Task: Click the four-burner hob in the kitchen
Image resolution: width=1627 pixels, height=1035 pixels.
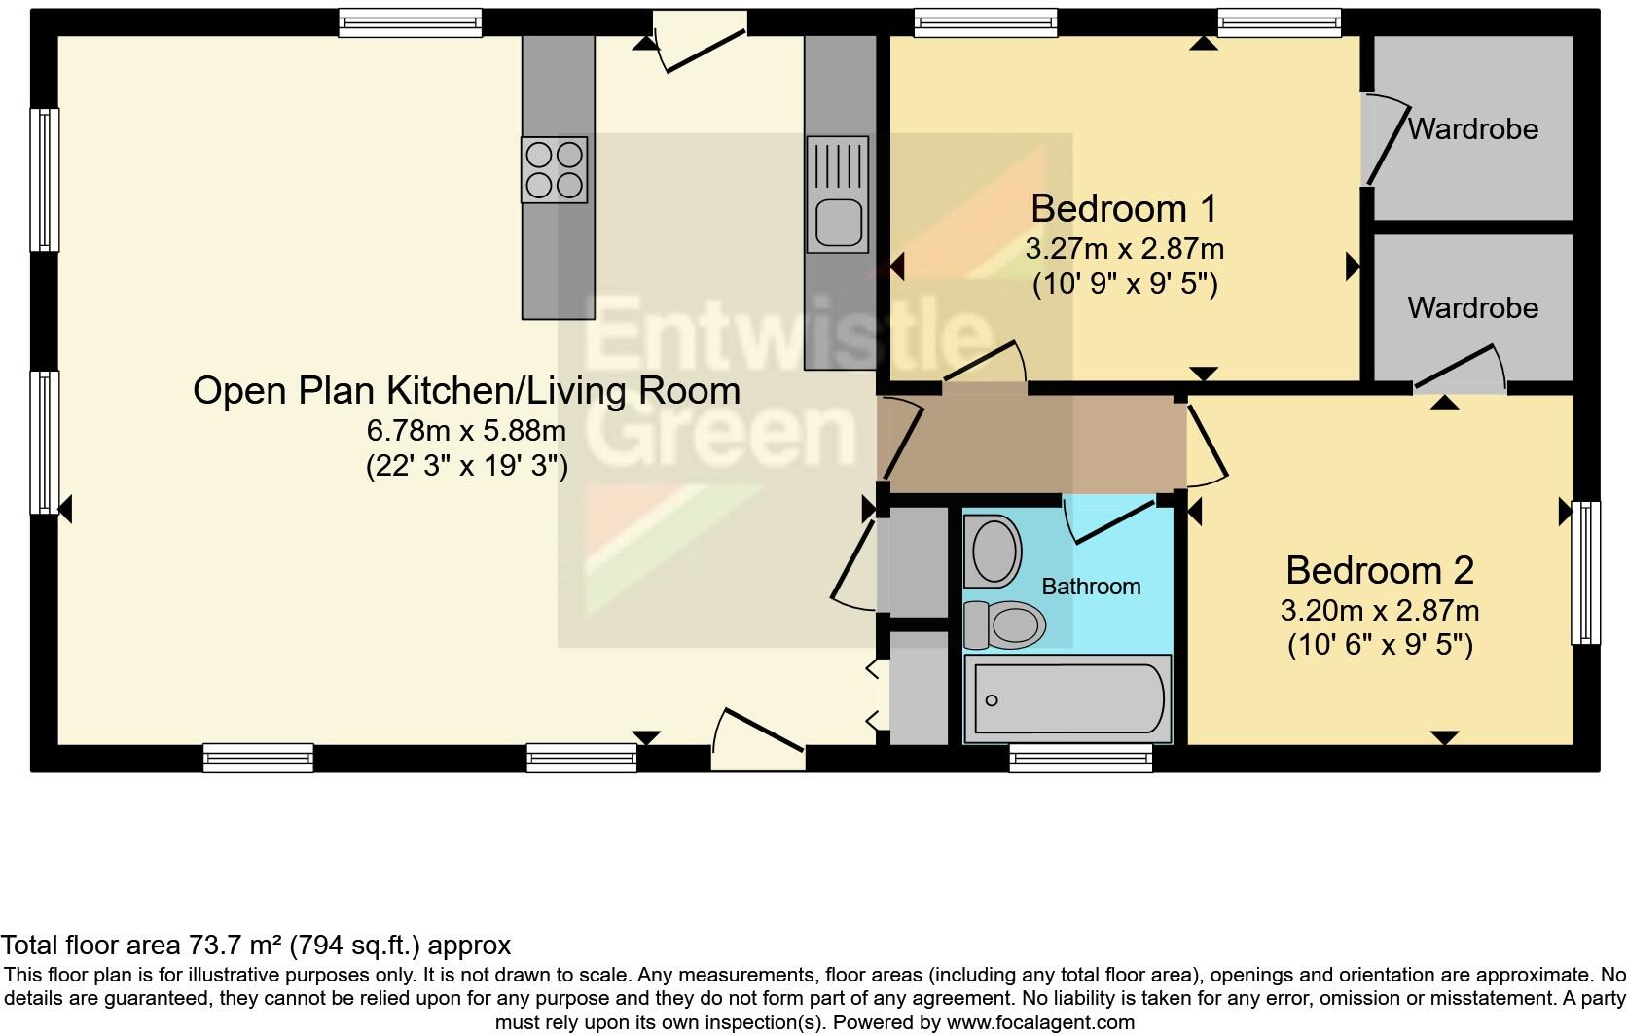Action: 554,169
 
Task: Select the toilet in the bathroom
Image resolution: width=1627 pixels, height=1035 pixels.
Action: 1005,624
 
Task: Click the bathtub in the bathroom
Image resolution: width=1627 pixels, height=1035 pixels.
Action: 1067,699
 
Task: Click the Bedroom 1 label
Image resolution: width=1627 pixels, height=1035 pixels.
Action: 1123,208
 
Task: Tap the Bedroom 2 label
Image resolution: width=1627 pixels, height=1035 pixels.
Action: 1379,570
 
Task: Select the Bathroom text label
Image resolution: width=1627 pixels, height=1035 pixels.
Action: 1091,587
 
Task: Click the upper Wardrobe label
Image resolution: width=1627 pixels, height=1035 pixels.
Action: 1472,128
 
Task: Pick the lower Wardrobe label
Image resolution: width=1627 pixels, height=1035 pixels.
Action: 1472,308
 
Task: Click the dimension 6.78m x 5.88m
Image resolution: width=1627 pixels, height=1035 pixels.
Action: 466,429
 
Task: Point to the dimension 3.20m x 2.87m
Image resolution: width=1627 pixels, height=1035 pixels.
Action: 1379,611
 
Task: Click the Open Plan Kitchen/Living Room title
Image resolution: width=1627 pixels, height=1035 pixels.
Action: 466,390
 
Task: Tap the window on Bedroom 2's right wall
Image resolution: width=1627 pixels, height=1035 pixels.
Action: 1586,572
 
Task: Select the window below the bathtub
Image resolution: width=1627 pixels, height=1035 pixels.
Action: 1080,758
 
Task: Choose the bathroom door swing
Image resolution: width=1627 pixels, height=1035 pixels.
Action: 1109,518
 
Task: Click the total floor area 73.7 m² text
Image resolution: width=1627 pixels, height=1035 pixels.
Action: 255,945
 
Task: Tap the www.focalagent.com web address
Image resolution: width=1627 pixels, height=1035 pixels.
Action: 1040,1022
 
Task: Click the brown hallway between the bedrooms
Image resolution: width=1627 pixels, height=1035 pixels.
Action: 1031,444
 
